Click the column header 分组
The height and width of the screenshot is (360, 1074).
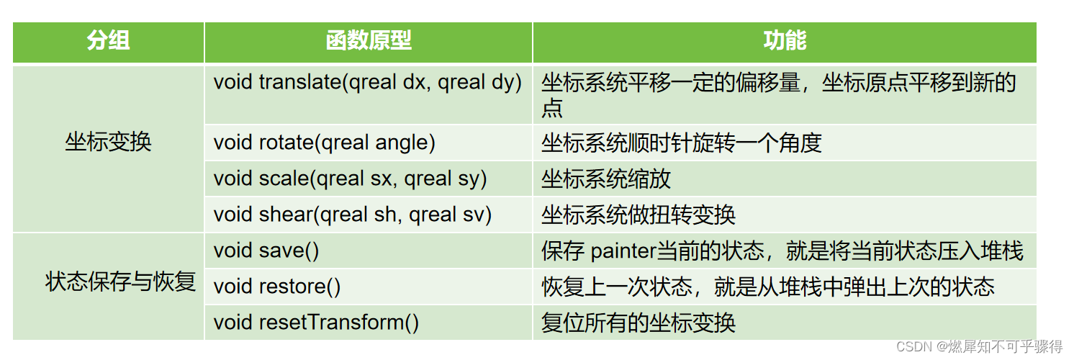coord(109,42)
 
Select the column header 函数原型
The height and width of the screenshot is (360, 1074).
coord(369,42)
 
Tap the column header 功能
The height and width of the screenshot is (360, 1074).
coord(785,42)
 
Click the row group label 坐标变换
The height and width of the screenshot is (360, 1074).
coord(109,143)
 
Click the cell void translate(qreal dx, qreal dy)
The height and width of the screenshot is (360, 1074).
coord(367,83)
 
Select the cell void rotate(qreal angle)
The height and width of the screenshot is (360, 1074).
coord(325,143)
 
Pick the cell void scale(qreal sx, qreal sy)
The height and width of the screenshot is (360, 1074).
coord(351,179)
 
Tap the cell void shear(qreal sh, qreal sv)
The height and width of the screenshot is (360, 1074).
coord(353,215)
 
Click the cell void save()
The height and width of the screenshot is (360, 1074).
coord(266,251)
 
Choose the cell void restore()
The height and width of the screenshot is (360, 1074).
coord(277,287)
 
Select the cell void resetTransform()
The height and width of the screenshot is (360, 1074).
coord(316,323)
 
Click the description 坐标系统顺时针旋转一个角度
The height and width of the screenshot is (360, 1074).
coord(682,143)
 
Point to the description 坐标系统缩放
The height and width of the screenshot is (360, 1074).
coord(606,179)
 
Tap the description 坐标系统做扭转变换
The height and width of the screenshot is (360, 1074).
coord(638,215)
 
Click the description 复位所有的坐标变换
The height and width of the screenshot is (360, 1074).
coord(638,323)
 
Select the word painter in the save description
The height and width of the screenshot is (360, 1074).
coord(623,251)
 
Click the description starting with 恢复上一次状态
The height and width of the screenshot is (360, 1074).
coord(768,287)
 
